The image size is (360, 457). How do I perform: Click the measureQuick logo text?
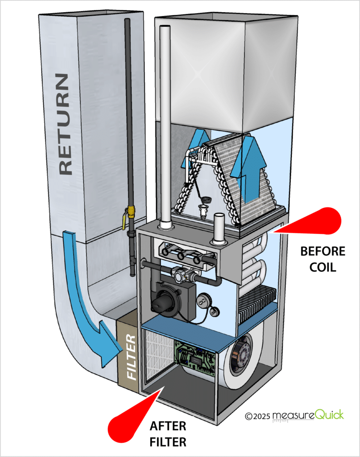[x=308, y=415]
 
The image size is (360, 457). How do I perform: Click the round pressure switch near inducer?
[x=204, y=300]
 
